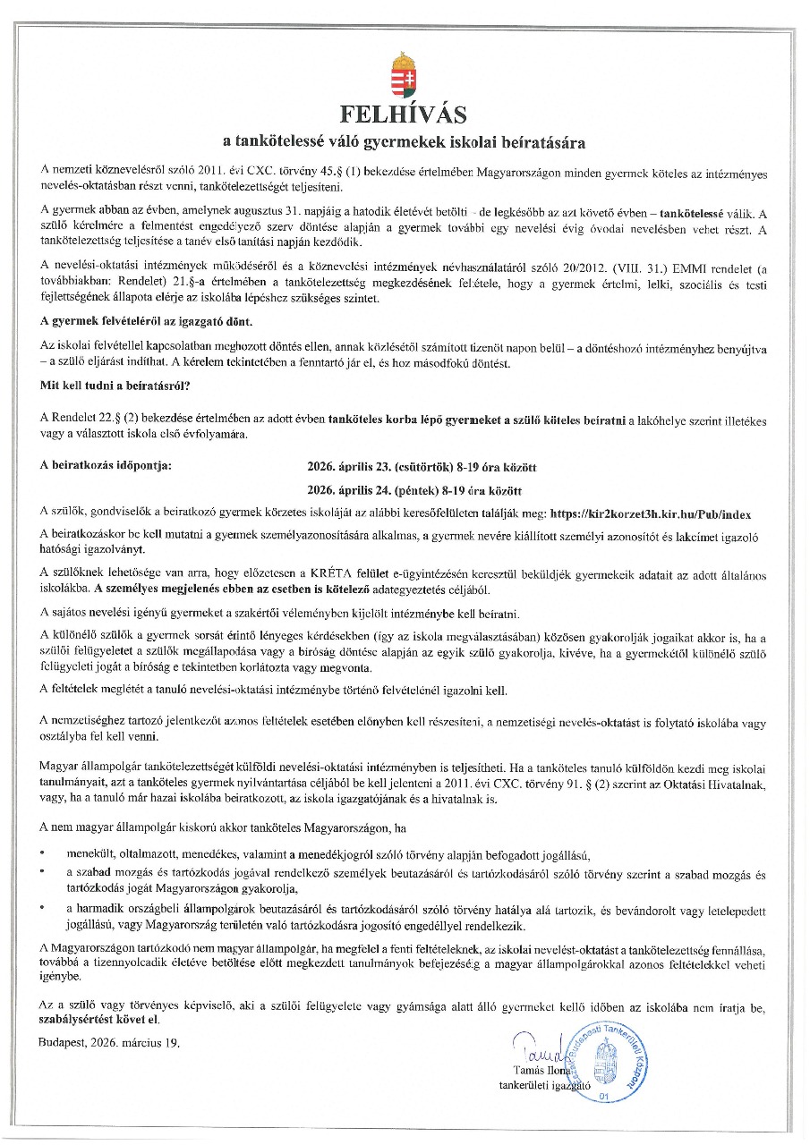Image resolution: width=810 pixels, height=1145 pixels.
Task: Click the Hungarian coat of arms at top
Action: pyautogui.click(x=404, y=76)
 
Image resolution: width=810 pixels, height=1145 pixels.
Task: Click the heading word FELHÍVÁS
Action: pyautogui.click(x=404, y=115)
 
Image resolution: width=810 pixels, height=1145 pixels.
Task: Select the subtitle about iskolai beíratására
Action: pyautogui.click(x=405, y=142)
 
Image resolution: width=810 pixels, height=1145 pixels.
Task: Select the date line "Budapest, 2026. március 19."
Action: pyautogui.click(x=110, y=1042)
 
